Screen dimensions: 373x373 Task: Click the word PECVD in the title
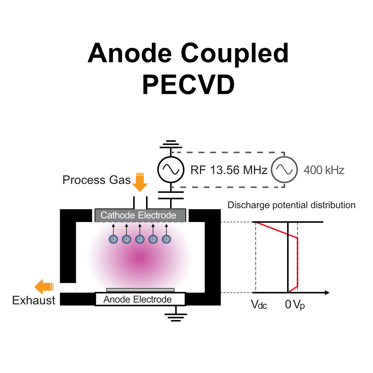[188, 84]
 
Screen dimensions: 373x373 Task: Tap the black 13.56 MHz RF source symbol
[170, 169]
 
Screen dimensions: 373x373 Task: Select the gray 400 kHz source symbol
[284, 169]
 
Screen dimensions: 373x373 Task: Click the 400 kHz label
[324, 170]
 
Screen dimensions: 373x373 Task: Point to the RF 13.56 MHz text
[229, 170]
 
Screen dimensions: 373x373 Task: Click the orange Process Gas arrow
[140, 182]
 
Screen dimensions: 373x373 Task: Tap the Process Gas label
[96, 180]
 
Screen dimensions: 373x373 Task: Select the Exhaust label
[34, 300]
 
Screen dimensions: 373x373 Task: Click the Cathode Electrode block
[140, 215]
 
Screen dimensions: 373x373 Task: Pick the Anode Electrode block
[140, 299]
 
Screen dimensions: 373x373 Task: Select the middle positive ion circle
[140, 239]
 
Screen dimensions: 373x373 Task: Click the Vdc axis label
[259, 305]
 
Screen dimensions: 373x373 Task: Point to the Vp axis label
[299, 305]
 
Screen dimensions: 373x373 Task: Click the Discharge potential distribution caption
[291, 205]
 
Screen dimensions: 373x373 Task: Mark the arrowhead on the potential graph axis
[327, 292]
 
